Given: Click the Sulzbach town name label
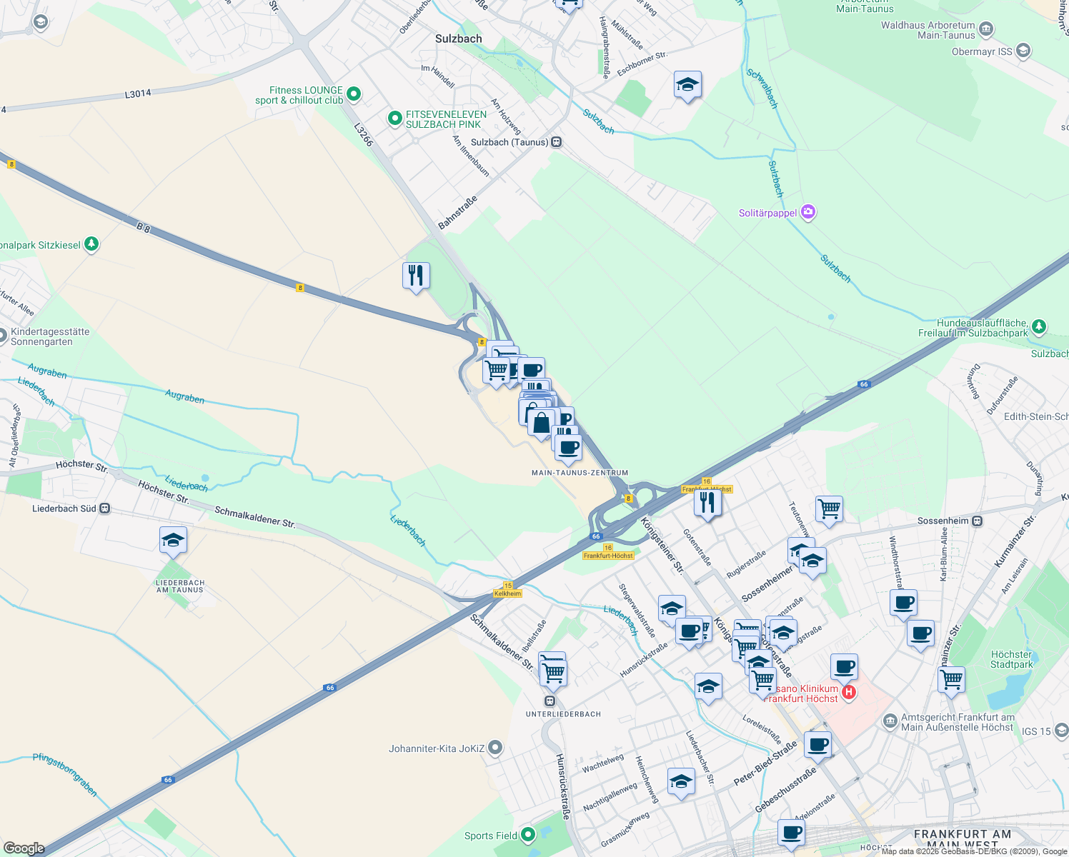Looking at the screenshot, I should tap(458, 39).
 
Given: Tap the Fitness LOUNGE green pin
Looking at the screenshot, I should tap(353, 94).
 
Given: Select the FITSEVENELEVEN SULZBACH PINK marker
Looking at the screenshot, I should tap(394, 119).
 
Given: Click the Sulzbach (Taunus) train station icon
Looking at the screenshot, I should tap(557, 142).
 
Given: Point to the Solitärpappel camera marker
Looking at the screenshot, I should tap(808, 212).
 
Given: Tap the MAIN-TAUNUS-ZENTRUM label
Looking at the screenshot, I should tap(580, 473).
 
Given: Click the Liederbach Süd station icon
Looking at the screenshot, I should tap(105, 508).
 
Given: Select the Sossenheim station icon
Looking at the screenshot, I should tap(978, 521).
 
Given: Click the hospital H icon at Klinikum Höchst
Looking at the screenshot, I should tap(848, 692).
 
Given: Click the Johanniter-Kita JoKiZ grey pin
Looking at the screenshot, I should tap(494, 748).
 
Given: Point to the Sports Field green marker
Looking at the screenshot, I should tap(527, 834).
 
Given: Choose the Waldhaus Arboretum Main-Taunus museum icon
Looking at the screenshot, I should tap(986, 29).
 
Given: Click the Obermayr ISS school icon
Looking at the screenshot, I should tap(1023, 51).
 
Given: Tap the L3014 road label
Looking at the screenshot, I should tap(138, 94).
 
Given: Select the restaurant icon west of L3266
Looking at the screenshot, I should tap(416, 275).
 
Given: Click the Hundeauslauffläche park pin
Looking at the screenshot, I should tap(1039, 327).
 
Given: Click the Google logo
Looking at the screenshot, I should tap(24, 848).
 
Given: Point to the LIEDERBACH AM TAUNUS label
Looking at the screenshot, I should tap(180, 586).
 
